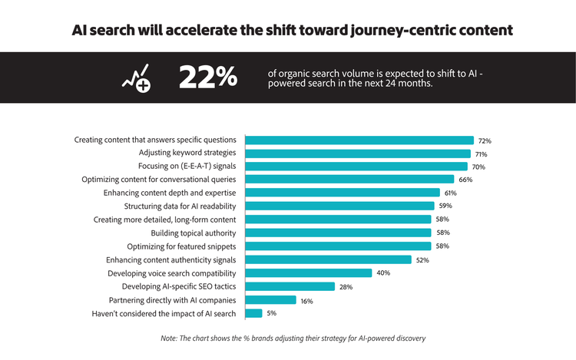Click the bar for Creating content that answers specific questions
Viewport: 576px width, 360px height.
coord(359,140)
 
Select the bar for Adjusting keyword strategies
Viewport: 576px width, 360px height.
coord(358,154)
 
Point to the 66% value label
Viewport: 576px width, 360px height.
coord(465,180)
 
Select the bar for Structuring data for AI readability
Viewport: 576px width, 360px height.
coord(339,206)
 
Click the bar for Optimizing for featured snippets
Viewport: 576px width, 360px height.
coord(338,246)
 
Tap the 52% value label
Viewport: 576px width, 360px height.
coord(422,260)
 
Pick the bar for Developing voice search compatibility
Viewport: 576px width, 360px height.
coord(308,272)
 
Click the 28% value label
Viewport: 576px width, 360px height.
coord(346,287)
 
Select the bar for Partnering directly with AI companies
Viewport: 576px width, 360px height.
coord(270,300)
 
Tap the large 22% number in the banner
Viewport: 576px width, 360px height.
coord(207,78)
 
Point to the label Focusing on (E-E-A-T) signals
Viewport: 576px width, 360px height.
coord(182,167)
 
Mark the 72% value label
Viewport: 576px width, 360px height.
coord(485,141)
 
